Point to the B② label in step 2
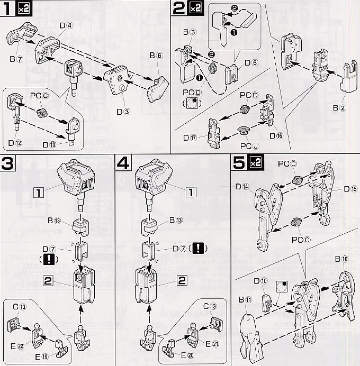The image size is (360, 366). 339,107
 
